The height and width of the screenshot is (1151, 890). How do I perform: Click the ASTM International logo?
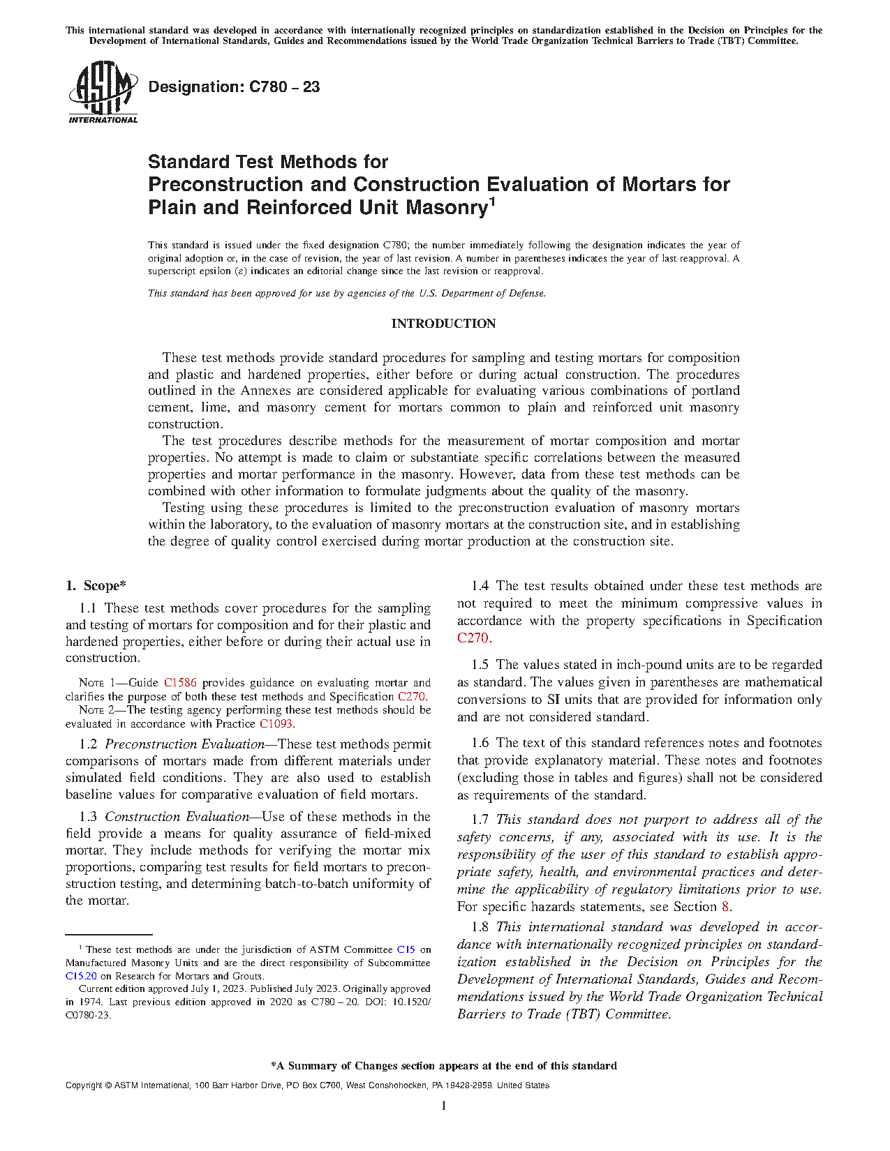(103, 91)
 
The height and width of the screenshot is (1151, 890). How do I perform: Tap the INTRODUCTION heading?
(443, 324)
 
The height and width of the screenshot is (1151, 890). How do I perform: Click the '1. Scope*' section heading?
(96, 586)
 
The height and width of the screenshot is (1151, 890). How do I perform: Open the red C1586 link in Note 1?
(180, 683)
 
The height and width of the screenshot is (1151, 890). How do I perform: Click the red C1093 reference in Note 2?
(276, 724)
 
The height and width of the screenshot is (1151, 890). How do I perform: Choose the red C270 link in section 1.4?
(473, 638)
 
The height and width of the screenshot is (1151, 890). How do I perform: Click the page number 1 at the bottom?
(443, 1106)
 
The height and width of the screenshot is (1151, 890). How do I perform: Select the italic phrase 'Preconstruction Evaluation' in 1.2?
(184, 744)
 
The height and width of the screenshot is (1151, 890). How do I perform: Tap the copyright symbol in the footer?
(107, 1085)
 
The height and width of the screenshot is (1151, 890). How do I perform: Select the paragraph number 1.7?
(480, 820)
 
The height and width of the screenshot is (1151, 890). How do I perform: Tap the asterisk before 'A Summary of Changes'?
(274, 1065)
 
